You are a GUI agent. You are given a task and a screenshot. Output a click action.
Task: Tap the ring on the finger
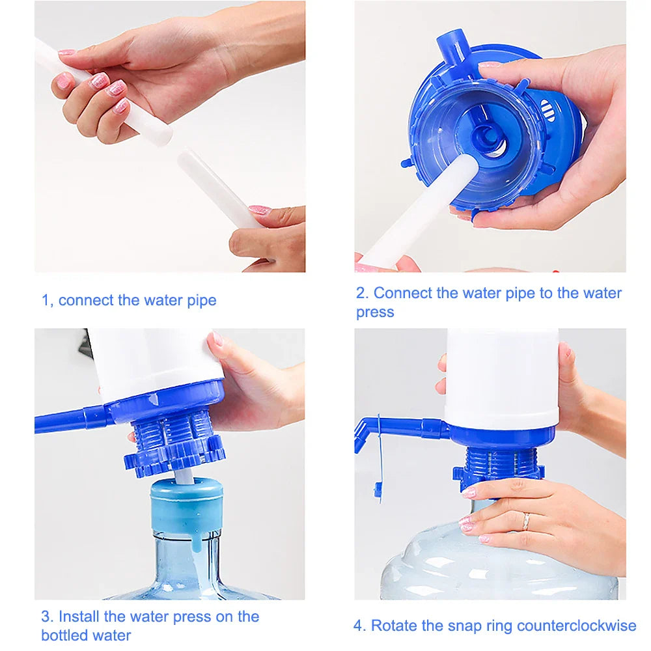[525, 521]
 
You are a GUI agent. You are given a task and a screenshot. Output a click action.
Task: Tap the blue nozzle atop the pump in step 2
[450, 47]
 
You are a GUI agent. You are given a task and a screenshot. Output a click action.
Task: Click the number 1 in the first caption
[46, 301]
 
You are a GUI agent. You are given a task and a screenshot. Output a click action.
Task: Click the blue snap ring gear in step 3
[174, 456]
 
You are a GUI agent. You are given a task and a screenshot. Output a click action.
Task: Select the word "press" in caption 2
[375, 312]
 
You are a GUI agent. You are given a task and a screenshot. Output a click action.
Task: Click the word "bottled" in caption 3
[62, 635]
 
